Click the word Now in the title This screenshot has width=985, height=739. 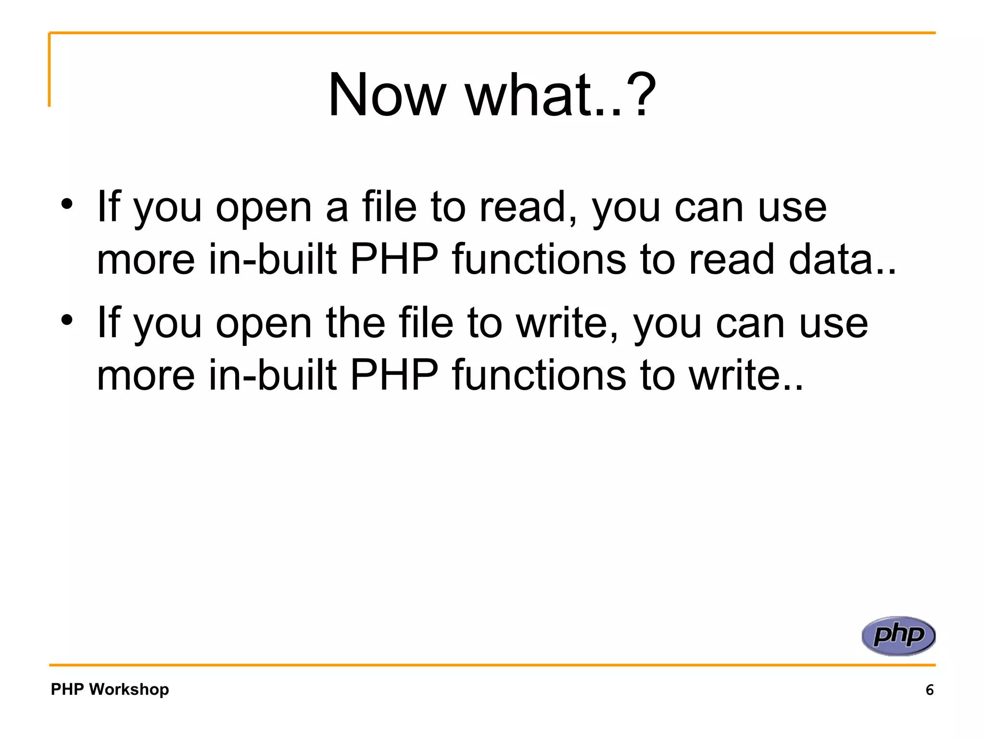[387, 95]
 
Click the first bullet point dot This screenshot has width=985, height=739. [67, 204]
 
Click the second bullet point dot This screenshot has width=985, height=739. [67, 319]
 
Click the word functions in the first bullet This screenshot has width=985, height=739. [539, 259]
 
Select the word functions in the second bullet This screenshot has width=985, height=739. [539, 375]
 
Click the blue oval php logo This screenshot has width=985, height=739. [898, 636]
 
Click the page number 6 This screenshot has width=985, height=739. [929, 690]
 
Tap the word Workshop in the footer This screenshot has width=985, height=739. [129, 689]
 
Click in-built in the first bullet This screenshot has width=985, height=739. [273, 259]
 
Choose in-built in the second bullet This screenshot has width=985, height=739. [273, 375]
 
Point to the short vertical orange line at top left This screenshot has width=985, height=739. [49, 70]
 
